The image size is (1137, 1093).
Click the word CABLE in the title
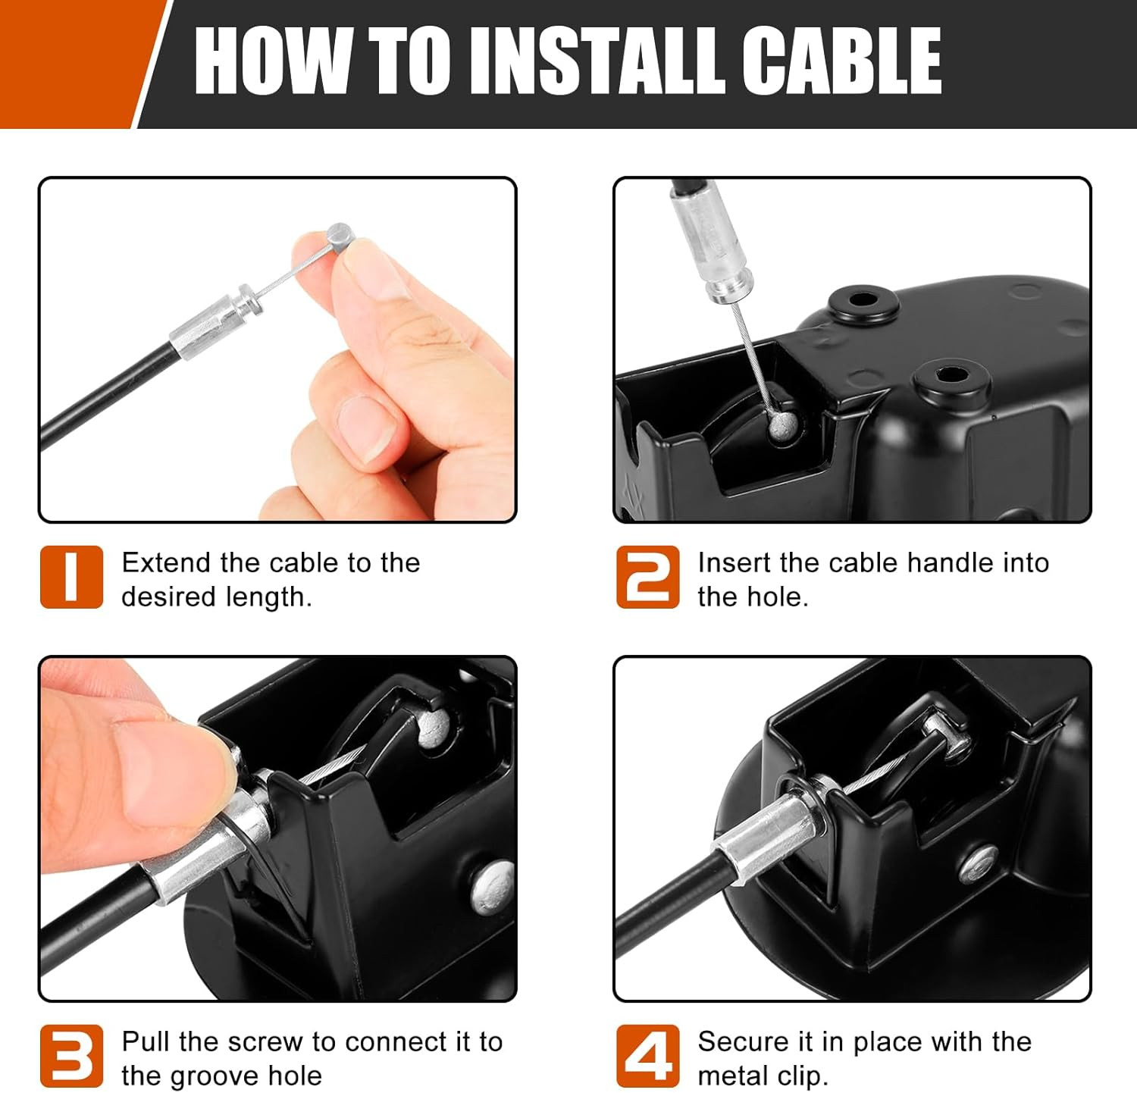pos(841,61)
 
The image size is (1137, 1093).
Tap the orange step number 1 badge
pos(71,577)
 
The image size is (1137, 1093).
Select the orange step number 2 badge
pos(648,577)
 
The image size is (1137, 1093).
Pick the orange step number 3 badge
pos(71,1056)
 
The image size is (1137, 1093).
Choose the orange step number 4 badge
pos(648,1056)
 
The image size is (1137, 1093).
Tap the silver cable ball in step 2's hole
pos(781,427)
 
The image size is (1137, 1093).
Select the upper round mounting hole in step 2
pos(863,302)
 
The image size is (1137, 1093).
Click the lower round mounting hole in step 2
pos(951,377)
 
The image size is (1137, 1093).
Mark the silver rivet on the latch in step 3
pos(493,885)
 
